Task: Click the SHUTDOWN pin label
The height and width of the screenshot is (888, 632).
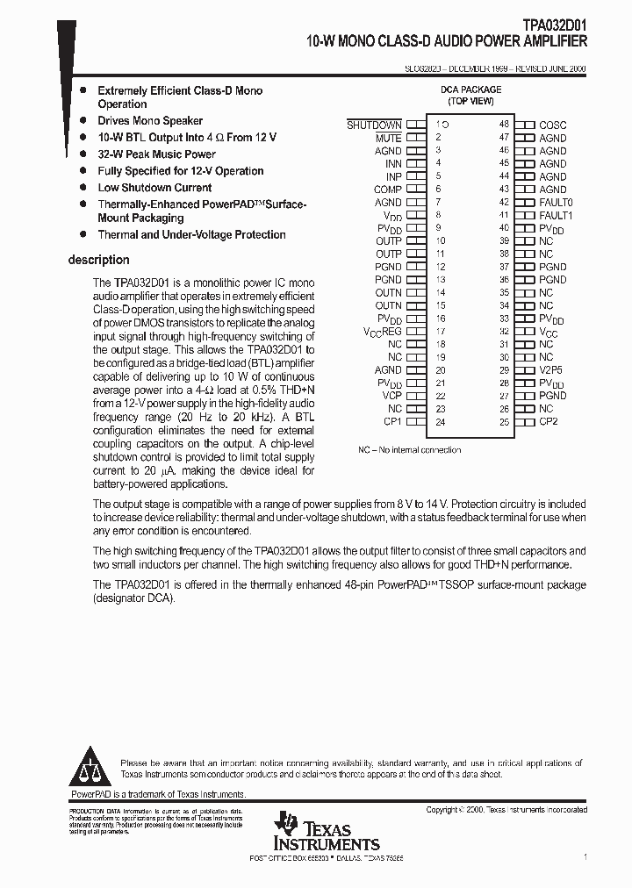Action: [x=374, y=125]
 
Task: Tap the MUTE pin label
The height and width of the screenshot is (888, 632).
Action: [x=388, y=139]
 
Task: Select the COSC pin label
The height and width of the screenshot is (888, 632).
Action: [x=553, y=125]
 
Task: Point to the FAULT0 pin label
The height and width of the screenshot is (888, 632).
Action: [x=556, y=203]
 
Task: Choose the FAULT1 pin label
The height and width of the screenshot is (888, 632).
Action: [x=556, y=216]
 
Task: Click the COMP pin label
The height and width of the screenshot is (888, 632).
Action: [x=387, y=190]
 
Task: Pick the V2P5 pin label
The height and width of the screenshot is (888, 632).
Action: [x=551, y=370]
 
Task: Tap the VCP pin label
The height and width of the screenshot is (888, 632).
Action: [x=391, y=396]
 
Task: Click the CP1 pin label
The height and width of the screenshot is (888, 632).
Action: [x=391, y=422]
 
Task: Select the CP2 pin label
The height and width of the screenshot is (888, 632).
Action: [x=549, y=422]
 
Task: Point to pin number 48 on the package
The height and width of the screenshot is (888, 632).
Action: [x=504, y=125]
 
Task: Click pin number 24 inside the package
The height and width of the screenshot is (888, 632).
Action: [x=441, y=422]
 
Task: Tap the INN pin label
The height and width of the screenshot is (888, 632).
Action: [x=393, y=164]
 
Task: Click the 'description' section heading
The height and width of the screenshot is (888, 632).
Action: [x=98, y=260]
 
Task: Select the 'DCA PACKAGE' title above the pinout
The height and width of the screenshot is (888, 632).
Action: [x=470, y=90]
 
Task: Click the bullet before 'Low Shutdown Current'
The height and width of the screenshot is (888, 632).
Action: [x=83, y=188]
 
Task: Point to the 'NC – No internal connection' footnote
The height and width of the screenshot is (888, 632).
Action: [x=409, y=450]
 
